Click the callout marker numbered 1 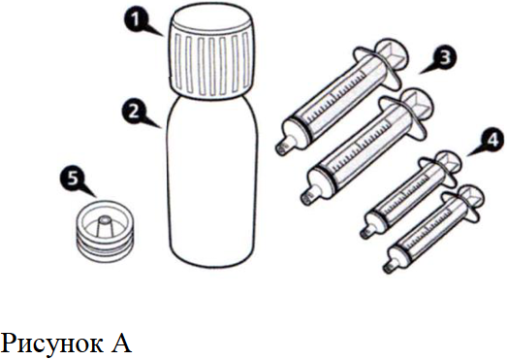coord(137,20)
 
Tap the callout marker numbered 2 coord(134,113)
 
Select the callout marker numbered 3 coord(445,58)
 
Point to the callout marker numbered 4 coord(491,140)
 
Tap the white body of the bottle coord(213,181)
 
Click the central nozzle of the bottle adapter coord(105,226)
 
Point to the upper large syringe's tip coord(284,147)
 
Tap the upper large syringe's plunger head coord(393,55)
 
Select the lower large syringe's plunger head coord(418,105)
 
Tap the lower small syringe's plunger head coord(472,197)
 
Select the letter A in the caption coord(121,343)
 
